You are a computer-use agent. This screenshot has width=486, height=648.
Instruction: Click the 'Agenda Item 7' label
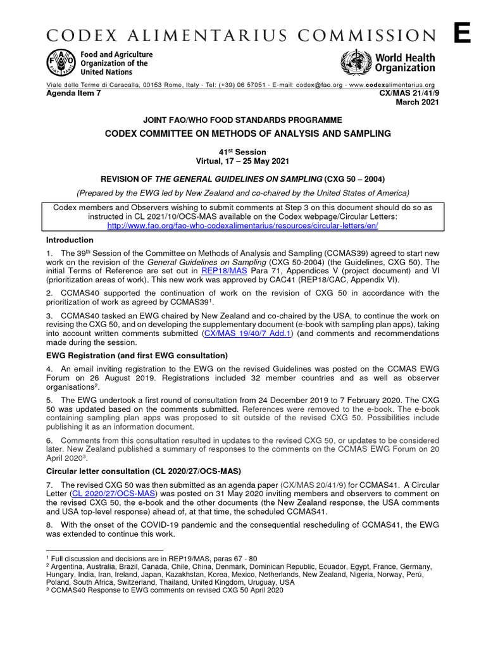73,93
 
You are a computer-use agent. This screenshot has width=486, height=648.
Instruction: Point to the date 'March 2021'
417,103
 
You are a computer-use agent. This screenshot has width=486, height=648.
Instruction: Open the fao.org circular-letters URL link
243,225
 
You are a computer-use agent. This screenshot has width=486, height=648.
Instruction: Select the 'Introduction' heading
70,240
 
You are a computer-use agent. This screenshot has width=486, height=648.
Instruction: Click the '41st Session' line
243,152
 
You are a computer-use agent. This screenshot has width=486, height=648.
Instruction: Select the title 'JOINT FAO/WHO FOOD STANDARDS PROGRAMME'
243,120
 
